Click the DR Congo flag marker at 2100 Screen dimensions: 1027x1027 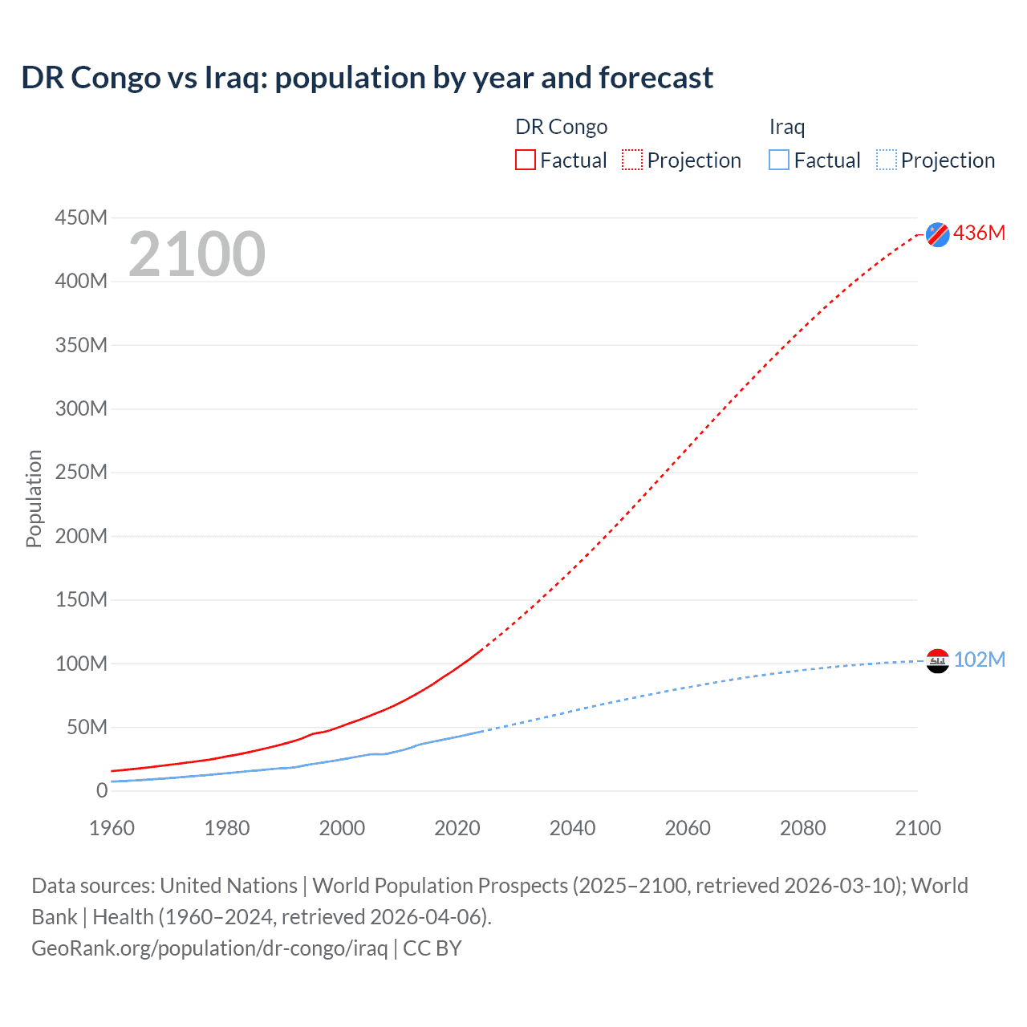tap(937, 234)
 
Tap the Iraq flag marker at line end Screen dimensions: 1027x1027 tap(937, 661)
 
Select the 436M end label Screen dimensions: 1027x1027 tap(979, 233)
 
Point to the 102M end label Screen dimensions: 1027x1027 tap(979, 660)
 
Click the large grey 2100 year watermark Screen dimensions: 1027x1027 tap(197, 254)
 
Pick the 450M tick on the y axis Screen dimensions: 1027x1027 tap(81, 217)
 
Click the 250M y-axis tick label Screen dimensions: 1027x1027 tap(81, 472)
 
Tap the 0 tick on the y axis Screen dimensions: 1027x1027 tap(101, 790)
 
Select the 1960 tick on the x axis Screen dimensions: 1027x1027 tap(112, 828)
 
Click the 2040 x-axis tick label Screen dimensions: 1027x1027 tap(572, 828)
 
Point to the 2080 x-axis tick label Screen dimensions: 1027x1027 tap(802, 828)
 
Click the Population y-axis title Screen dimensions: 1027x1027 tap(34, 498)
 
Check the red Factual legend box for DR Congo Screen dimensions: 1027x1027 tap(526, 160)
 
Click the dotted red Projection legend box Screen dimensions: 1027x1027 tap(632, 160)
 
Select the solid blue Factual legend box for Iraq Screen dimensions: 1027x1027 tap(779, 160)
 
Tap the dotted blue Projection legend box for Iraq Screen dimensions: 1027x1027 tap(887, 160)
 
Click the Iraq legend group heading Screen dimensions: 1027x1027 tap(787, 127)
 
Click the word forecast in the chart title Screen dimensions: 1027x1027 tap(656, 78)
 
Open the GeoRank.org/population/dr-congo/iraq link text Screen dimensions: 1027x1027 tap(209, 948)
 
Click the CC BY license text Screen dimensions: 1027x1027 tap(432, 948)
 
